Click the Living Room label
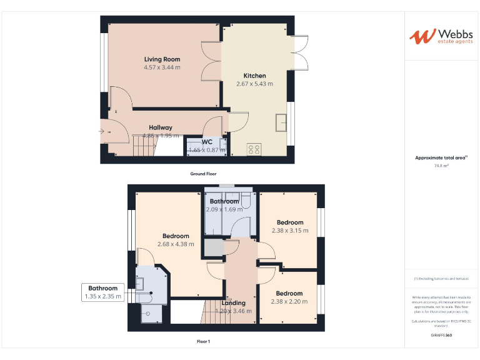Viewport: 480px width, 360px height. [x=162, y=59]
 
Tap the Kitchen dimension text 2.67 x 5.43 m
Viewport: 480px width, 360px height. [x=254, y=83]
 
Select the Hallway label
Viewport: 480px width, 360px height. [x=161, y=127]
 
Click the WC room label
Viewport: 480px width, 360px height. [x=207, y=142]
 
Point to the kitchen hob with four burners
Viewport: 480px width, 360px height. [x=254, y=149]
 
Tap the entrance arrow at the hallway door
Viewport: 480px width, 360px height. [x=102, y=131]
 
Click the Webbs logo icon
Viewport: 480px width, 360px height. [x=422, y=36]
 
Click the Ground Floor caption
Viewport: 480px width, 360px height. [x=203, y=174]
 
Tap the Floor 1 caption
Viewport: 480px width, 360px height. [x=203, y=341]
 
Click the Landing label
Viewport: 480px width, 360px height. [x=233, y=303]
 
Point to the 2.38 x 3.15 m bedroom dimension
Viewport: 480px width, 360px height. [x=290, y=231]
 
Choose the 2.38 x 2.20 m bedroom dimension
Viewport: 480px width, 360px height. [x=289, y=302]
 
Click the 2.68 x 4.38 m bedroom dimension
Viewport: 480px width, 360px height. [x=176, y=244]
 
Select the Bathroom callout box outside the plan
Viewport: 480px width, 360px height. [x=103, y=292]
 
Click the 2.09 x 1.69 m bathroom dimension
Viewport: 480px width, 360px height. [x=224, y=209]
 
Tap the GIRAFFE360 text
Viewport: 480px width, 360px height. [x=441, y=336]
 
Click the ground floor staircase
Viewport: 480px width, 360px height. [x=145, y=148]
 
